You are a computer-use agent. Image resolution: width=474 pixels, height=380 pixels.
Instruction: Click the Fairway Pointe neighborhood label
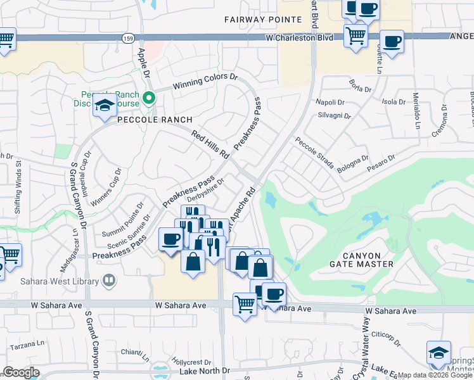(252, 20)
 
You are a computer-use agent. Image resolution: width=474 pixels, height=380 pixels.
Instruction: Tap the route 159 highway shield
(127, 39)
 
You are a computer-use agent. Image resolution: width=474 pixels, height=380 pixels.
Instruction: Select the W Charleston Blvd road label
(301, 38)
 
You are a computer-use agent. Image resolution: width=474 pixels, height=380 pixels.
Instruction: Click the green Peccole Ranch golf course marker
(149, 98)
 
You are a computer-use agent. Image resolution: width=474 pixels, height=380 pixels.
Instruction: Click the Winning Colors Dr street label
(206, 82)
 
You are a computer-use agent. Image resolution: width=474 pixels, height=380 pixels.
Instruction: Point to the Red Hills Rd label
(210, 144)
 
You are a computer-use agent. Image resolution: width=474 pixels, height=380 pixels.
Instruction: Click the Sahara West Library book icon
(109, 280)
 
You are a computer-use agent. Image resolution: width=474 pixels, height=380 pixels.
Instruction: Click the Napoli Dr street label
(330, 102)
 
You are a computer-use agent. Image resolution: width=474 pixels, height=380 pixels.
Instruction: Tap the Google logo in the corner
(21, 372)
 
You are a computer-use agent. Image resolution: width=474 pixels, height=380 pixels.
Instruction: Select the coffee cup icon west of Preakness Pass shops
(170, 239)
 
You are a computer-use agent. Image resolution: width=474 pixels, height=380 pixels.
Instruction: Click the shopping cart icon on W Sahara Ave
(245, 303)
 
